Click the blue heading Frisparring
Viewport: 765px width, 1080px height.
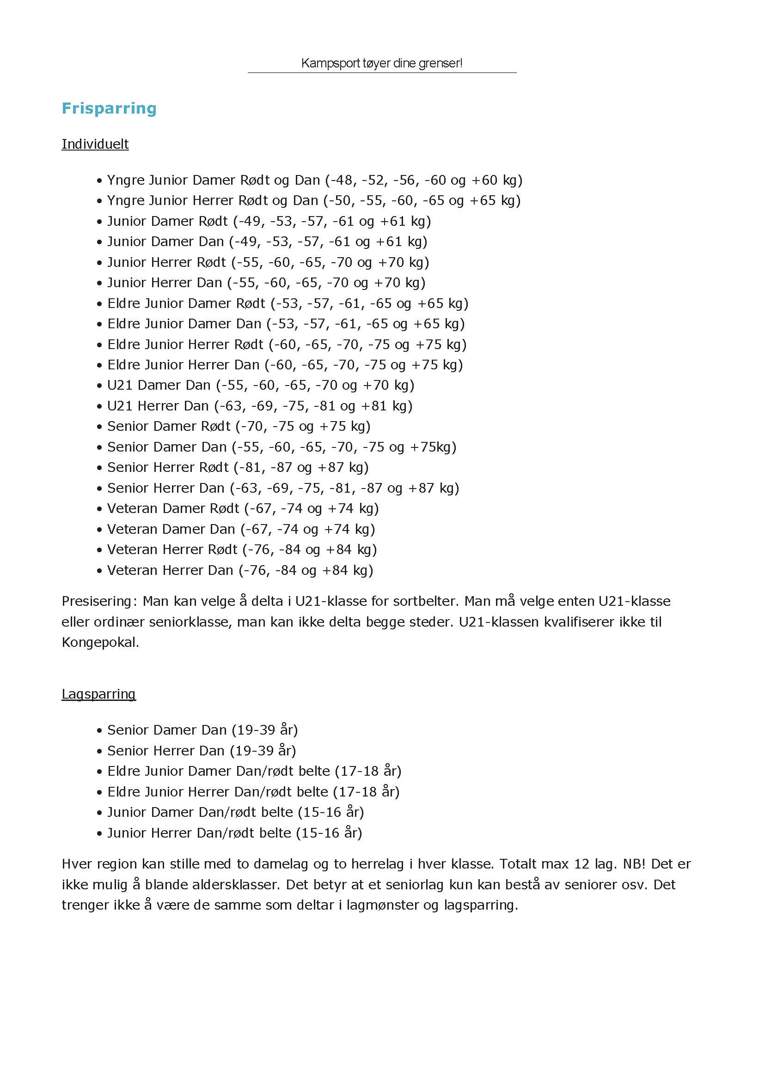[109, 108]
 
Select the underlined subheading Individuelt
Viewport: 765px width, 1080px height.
[95, 144]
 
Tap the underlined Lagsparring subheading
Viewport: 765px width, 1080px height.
[98, 694]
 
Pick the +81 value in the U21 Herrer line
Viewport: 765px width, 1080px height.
[374, 406]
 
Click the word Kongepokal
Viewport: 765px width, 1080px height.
[99, 642]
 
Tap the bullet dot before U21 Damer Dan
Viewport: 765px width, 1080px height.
[99, 386]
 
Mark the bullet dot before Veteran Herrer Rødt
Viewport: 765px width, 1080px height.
[99, 550]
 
